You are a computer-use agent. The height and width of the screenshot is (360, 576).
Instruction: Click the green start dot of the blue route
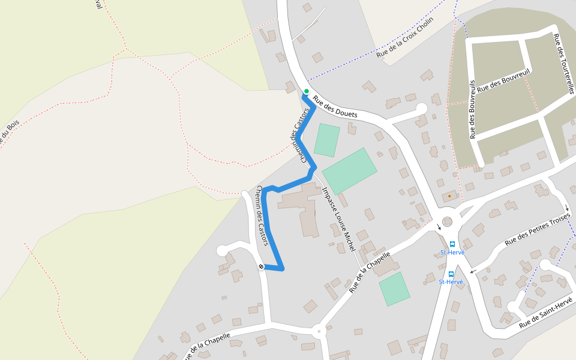click(x=307, y=91)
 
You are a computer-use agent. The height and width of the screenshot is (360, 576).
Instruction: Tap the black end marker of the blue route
click(x=262, y=266)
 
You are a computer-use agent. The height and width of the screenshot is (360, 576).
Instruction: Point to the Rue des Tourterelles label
click(x=562, y=63)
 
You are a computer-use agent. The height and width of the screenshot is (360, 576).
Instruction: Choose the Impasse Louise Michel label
click(x=339, y=218)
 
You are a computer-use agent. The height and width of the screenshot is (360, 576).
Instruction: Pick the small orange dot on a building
click(x=449, y=196)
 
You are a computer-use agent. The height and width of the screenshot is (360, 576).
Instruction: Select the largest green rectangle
click(x=350, y=171)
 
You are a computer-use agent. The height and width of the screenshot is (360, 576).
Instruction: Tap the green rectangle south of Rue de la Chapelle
click(x=394, y=289)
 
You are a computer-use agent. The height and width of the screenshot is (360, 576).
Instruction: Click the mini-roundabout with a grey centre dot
click(x=319, y=331)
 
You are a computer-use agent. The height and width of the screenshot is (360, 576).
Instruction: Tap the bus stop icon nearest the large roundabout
click(x=452, y=244)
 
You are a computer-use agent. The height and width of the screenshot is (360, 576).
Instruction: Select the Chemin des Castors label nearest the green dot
click(x=301, y=136)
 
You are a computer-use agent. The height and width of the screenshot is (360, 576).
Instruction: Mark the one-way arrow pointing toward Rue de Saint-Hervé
click(x=473, y=271)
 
